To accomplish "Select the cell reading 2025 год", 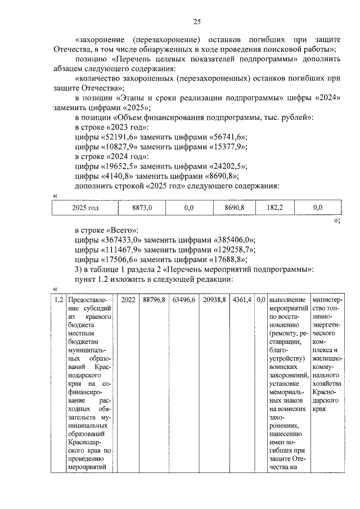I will tap(85, 208).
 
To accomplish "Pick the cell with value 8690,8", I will tap(231, 208).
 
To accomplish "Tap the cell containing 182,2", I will tap(274, 208).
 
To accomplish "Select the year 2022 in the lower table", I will tap(128, 301).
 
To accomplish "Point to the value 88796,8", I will tap(154, 301).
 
